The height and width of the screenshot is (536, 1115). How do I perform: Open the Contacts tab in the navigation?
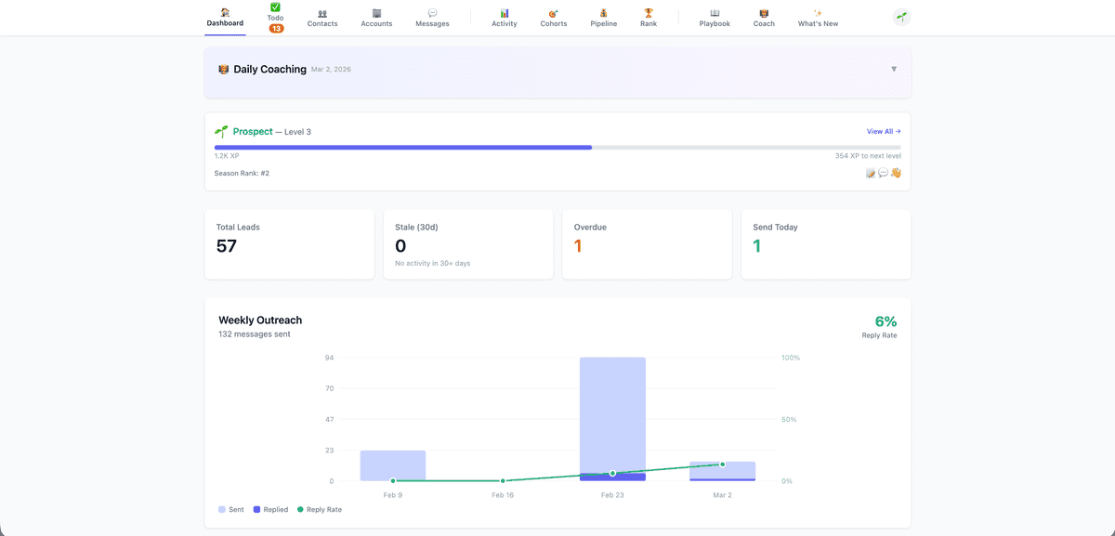(x=322, y=18)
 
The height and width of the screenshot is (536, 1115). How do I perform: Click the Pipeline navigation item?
(x=603, y=18)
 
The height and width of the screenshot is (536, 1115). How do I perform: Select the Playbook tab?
(x=715, y=18)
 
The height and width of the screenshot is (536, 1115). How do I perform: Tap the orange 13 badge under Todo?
(x=276, y=29)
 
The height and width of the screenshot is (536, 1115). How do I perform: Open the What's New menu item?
(x=818, y=18)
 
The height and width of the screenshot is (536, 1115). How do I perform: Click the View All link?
(x=884, y=132)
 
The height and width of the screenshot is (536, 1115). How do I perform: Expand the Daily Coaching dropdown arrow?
(x=894, y=69)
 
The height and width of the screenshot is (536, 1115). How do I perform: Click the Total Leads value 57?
(x=227, y=246)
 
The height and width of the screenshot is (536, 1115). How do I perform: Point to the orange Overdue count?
(x=578, y=246)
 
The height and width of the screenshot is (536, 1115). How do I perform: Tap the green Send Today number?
(x=757, y=246)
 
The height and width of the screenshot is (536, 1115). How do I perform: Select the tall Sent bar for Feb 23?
(x=612, y=409)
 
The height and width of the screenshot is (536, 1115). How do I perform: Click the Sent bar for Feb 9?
(x=393, y=465)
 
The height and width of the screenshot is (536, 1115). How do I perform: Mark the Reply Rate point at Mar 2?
(x=722, y=464)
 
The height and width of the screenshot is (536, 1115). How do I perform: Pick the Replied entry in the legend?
(x=270, y=510)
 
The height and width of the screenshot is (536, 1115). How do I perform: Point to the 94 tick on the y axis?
(x=329, y=358)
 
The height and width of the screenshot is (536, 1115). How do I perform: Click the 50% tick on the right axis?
(x=789, y=420)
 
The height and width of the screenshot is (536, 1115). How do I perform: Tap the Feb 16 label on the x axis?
(x=503, y=495)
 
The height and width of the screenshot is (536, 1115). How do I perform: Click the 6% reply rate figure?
(x=885, y=321)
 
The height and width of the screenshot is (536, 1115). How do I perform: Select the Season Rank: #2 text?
(x=242, y=174)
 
